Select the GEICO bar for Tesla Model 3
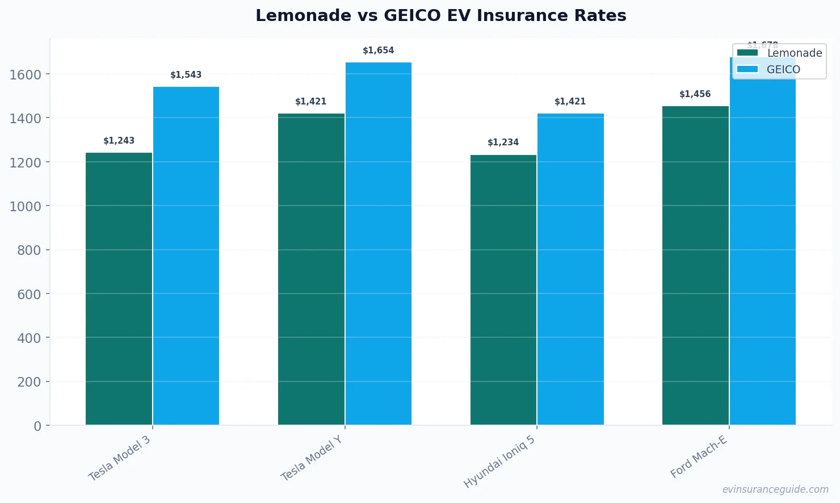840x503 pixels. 186,255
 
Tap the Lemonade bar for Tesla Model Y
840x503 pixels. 311,269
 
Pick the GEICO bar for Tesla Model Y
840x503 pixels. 378,244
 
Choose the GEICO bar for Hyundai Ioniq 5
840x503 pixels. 570,269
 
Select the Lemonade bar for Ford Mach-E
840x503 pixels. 695,265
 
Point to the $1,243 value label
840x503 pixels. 119,141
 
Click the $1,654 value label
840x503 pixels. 378,51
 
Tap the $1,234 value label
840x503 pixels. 503,142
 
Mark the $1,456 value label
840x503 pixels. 695,94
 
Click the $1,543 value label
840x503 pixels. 186,75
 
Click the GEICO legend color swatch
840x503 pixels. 747,69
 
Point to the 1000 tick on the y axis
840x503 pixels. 26,206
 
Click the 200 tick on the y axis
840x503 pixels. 29,382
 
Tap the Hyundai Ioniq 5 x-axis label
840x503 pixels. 499,462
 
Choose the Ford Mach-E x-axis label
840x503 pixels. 699,457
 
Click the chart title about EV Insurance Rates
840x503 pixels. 441,15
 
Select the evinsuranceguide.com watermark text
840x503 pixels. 775,489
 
